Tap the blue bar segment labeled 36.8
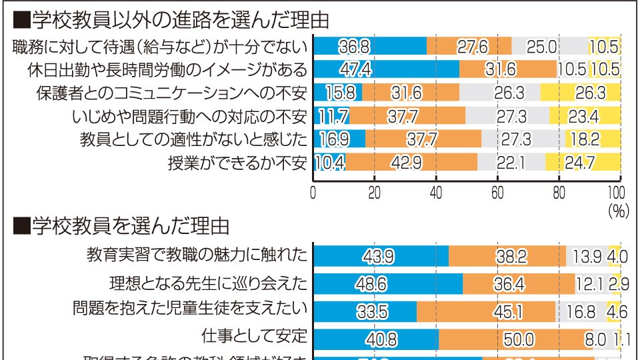pyautogui.click(x=370, y=47)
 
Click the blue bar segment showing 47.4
pyautogui.click(x=386, y=69)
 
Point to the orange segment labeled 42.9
pyautogui.click(x=411, y=162)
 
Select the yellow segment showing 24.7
pyautogui.click(x=583, y=162)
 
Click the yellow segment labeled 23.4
pyautogui.click(x=585, y=116)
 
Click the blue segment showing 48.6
pyautogui.click(x=388, y=283)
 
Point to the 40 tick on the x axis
pyautogui.click(x=436, y=194)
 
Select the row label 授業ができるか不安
pyautogui.click(x=237, y=162)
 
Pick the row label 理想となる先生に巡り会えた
pyautogui.click(x=208, y=283)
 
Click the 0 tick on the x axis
pyautogui.click(x=313, y=194)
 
